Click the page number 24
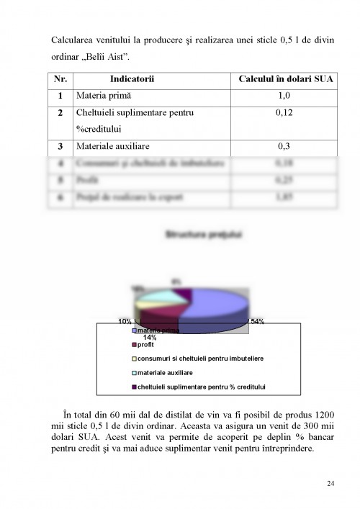point(330,482)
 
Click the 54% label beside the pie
point(256,321)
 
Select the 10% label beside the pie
point(125,321)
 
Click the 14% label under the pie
point(150,337)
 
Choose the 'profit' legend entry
point(145,345)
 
